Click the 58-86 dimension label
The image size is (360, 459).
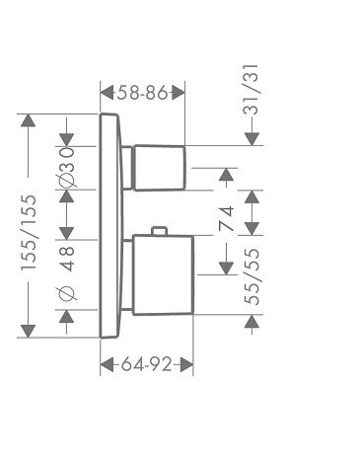pos(142,93)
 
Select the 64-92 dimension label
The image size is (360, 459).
pos(147,364)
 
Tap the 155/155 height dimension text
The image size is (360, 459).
pos(29,233)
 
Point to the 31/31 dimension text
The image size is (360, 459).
pos(252,90)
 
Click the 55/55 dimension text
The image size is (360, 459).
pos(252,276)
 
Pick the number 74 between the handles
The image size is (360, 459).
pos(226,218)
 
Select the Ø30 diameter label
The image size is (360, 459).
pos(67,167)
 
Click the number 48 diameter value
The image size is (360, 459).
pos(67,259)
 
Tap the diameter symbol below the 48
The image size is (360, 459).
pos(67,293)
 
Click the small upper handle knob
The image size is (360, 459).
pos(159,168)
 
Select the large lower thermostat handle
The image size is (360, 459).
pos(164,274)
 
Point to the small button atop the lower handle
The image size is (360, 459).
pos(160,231)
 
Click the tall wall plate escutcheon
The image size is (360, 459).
pos(111,226)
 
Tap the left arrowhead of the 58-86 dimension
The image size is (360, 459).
pos(108,93)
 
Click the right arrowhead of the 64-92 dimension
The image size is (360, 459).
pos(186,364)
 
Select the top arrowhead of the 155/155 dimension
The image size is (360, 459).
pos(28,120)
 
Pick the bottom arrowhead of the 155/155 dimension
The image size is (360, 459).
pos(28,331)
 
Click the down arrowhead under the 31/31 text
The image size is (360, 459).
pos(252,139)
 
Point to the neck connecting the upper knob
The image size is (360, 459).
pos(127,168)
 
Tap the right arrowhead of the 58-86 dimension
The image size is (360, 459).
pos(178,93)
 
